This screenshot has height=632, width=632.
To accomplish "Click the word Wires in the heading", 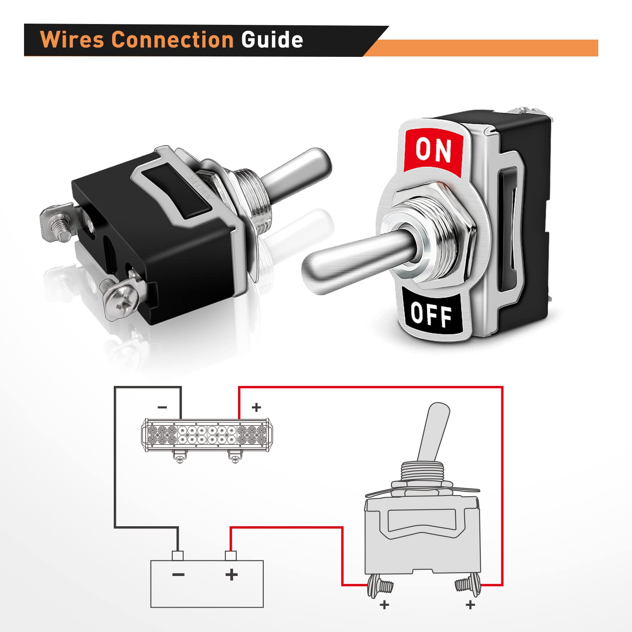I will click(72, 40).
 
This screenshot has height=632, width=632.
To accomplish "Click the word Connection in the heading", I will click(173, 40).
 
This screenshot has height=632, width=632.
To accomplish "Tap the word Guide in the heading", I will click(272, 40).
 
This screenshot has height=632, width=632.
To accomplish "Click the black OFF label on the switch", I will click(431, 314).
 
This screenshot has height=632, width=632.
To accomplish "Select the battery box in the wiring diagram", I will click(207, 584).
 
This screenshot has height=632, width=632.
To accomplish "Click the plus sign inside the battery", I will click(231, 574).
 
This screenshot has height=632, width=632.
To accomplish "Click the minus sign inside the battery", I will click(178, 574).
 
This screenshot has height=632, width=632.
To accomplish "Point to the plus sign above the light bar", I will click(256, 407).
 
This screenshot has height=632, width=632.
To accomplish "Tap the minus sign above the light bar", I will click(162, 407).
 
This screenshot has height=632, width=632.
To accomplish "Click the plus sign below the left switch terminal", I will click(384, 605).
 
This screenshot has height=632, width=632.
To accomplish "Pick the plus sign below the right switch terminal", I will click(470, 605).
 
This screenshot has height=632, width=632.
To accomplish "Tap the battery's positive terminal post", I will click(231, 556).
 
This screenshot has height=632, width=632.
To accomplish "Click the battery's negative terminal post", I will click(178, 556).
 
